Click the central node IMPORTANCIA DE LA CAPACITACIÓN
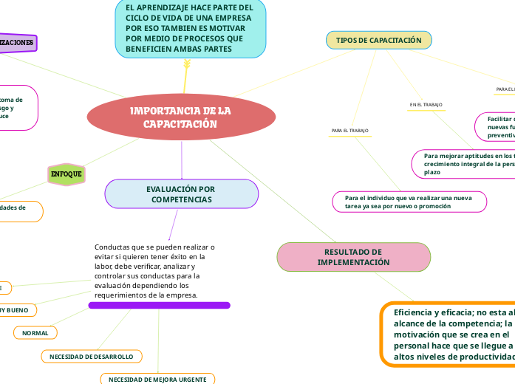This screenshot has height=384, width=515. point(181,117)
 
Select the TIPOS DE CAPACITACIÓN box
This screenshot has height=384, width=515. point(378,40)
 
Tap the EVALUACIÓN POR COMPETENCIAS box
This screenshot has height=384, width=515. point(181,194)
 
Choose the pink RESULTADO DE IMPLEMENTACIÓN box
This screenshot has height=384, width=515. point(353,257)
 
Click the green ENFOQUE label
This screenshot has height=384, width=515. point(66,174)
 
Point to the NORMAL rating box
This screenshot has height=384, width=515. point(35,333)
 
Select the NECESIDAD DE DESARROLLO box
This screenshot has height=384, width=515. point(91,357)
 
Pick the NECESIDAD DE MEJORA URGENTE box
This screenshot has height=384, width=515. point(157,379)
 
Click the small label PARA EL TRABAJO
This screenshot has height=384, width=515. point(350,131)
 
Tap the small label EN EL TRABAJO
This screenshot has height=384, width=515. point(426,105)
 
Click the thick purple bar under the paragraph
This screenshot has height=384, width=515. point(159,305)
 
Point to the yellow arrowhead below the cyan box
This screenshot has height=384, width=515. point(186,68)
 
